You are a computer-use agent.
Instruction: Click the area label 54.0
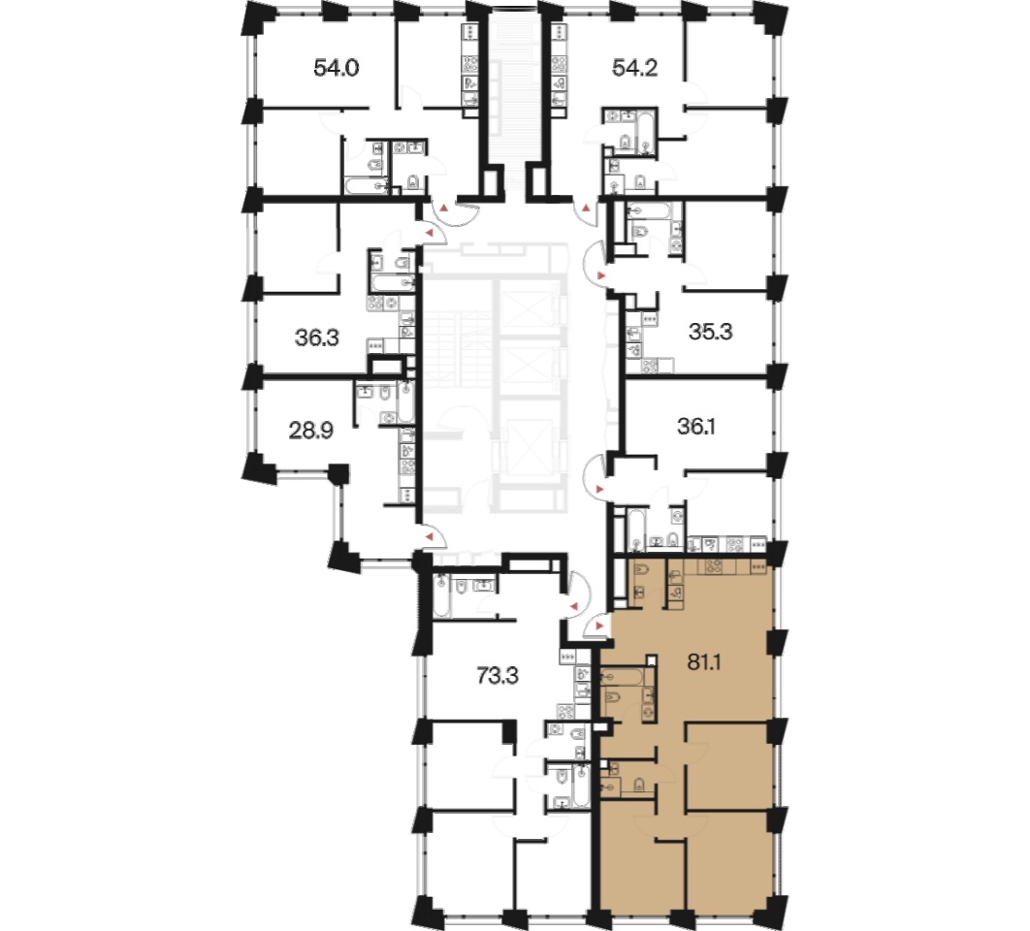[x=336, y=68]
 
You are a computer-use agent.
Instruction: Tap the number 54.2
[x=634, y=68]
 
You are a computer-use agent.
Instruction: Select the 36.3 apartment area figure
[x=316, y=337]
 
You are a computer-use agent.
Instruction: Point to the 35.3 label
[x=710, y=331]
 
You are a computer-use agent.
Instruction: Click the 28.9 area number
[x=310, y=431]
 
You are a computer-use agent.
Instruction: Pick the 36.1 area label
[x=695, y=427]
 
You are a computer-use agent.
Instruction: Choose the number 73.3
[x=498, y=675]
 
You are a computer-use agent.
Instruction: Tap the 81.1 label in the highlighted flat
[x=703, y=662]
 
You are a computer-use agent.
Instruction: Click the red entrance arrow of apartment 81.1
[x=598, y=626]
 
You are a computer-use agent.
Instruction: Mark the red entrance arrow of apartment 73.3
[x=573, y=606]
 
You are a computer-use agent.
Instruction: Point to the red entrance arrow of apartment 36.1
[x=598, y=489]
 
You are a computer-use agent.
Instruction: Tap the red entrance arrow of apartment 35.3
[x=599, y=274]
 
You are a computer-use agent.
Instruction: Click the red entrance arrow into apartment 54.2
[x=585, y=209]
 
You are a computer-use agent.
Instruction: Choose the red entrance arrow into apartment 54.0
[x=444, y=209]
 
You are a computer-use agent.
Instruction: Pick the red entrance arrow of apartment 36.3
[x=430, y=233]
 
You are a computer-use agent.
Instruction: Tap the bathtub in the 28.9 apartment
[x=406, y=403]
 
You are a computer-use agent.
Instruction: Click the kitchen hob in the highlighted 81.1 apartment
[x=714, y=566]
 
